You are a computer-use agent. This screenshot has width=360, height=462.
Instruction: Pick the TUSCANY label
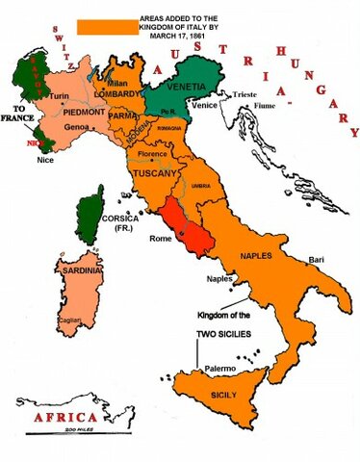[152, 174]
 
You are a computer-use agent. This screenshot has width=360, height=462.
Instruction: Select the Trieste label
[246, 94]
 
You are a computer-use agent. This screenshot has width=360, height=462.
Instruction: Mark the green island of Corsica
[92, 215]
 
